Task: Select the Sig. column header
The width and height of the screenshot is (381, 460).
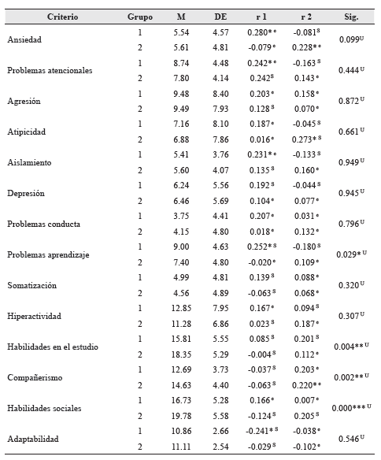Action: [x=351, y=17]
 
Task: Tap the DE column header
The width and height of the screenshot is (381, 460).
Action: [x=221, y=17]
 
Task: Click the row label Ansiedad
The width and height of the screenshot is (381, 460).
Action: [x=25, y=40]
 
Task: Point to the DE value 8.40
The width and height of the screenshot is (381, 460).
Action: [x=221, y=94]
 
